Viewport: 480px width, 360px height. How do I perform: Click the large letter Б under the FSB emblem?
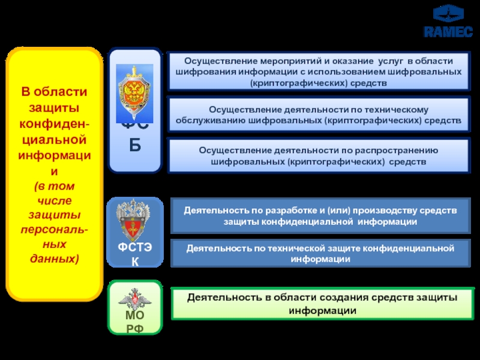[x=134, y=145]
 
